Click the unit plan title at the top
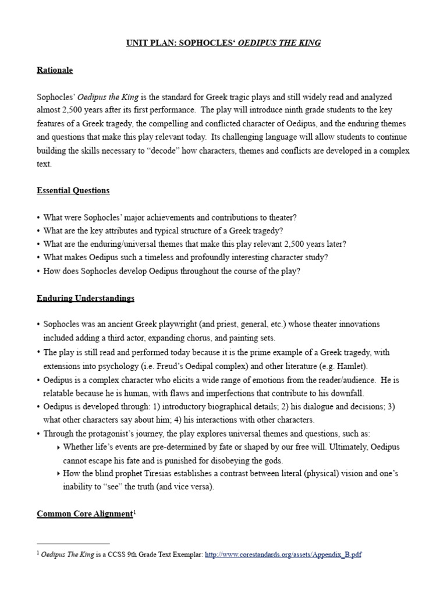click(223, 43)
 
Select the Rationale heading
click(55, 70)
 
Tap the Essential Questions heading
click(73, 190)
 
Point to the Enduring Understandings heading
click(86, 298)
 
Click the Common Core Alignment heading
click(85, 513)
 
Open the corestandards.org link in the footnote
click(283, 555)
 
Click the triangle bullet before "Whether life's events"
click(58, 447)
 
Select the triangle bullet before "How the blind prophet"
click(58, 474)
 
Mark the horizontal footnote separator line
click(73, 543)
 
